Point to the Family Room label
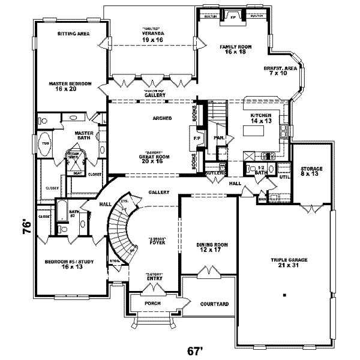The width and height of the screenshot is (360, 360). coord(236,49)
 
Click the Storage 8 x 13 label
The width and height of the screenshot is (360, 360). coord(310,172)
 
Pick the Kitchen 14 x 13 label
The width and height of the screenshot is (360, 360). coord(262,118)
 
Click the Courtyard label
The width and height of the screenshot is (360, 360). coord(214,304)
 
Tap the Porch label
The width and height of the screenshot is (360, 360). coord(154,304)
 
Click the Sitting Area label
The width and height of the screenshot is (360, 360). coord(74,34)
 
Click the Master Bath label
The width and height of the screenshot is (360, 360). coord(82,136)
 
